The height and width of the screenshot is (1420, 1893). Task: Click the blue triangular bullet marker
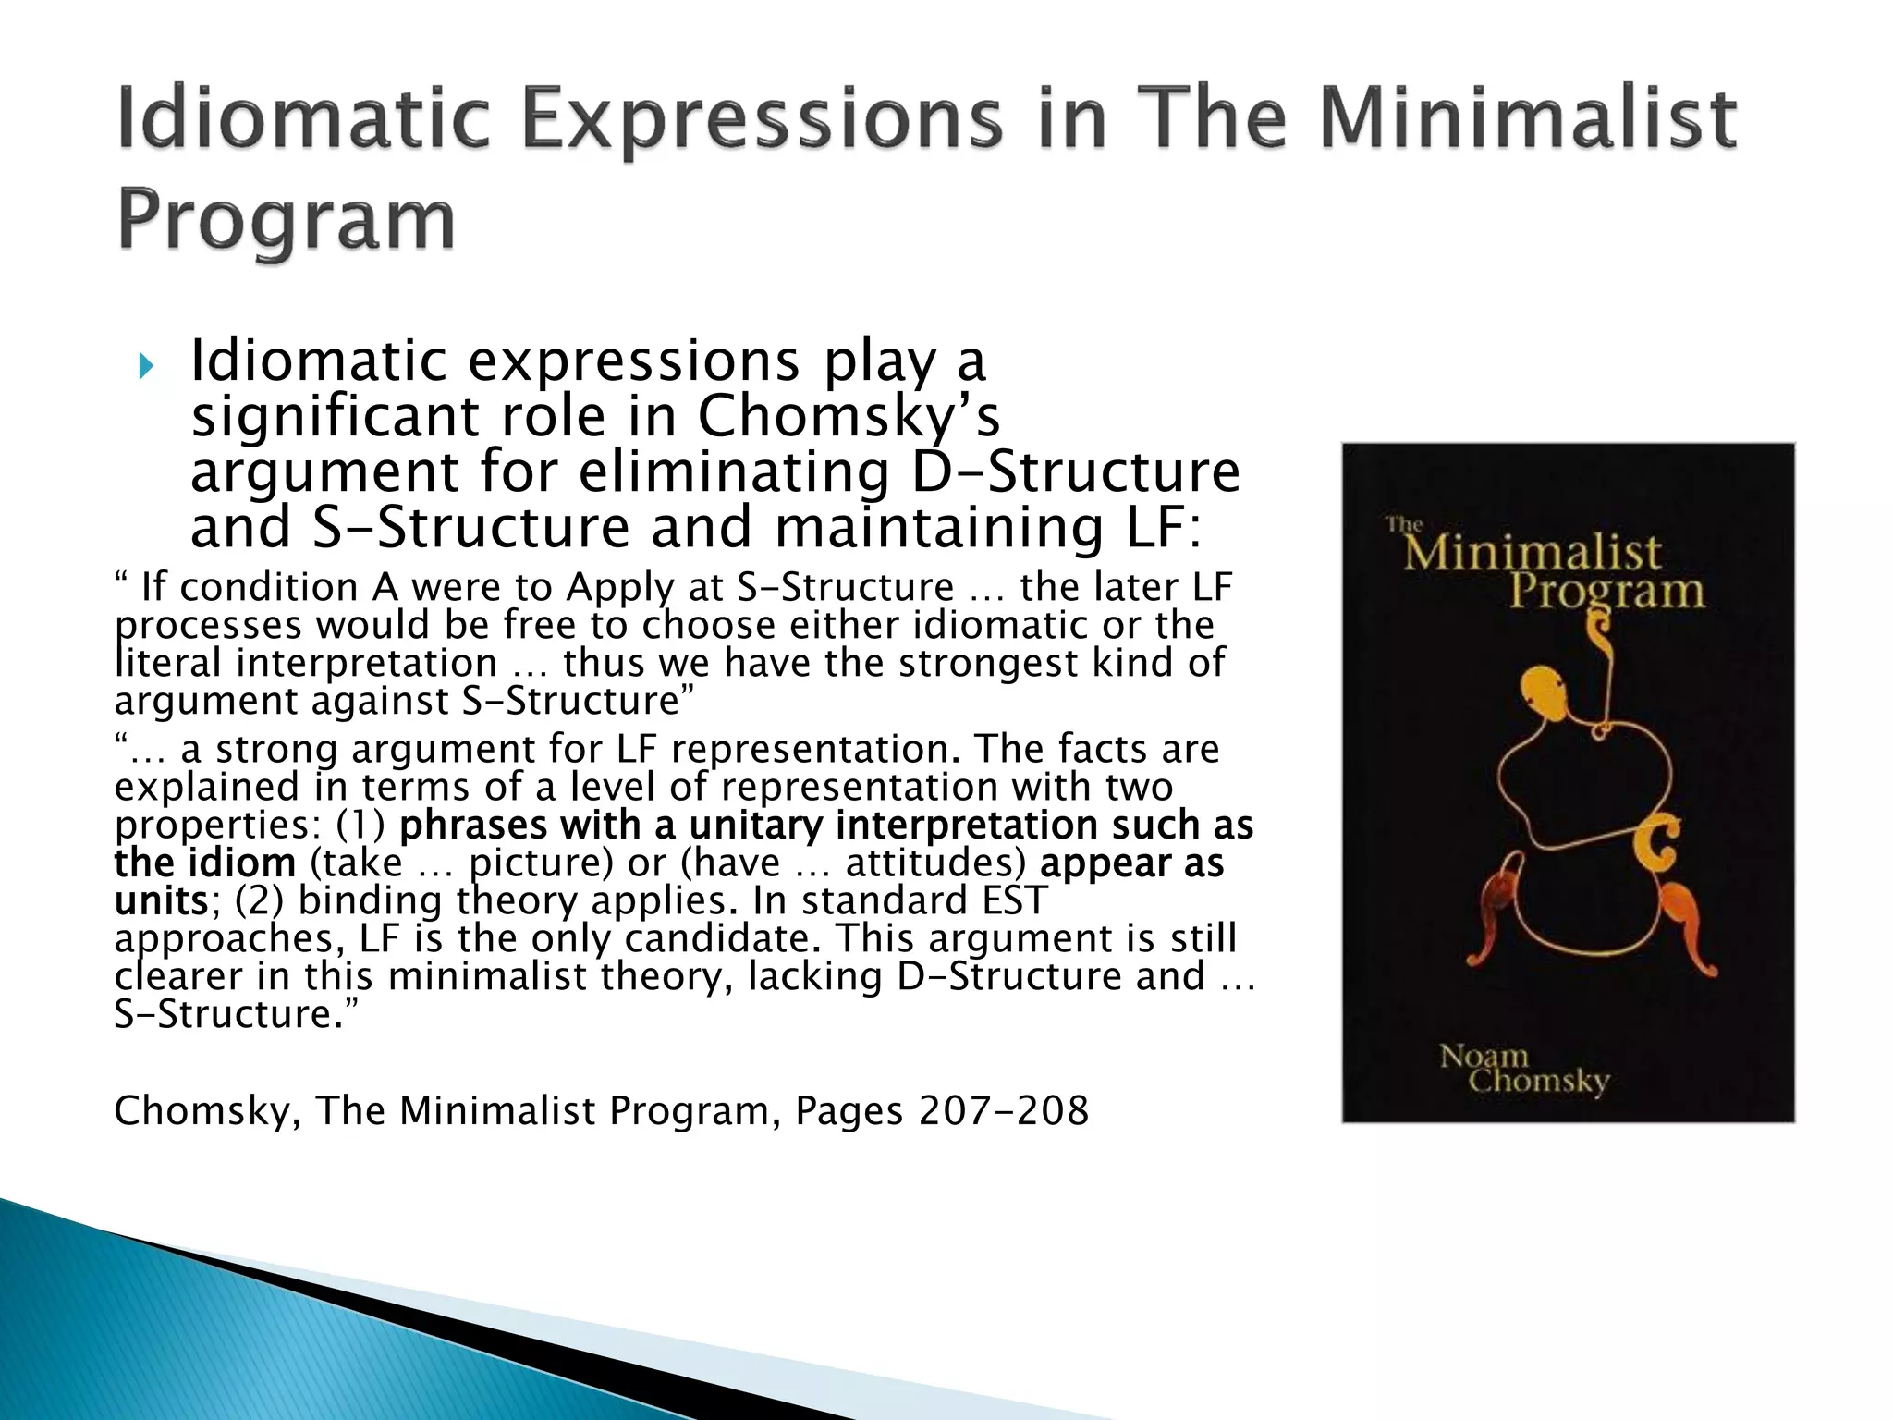pos(145,367)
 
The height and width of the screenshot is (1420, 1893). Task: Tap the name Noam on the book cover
pos(1484,1056)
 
